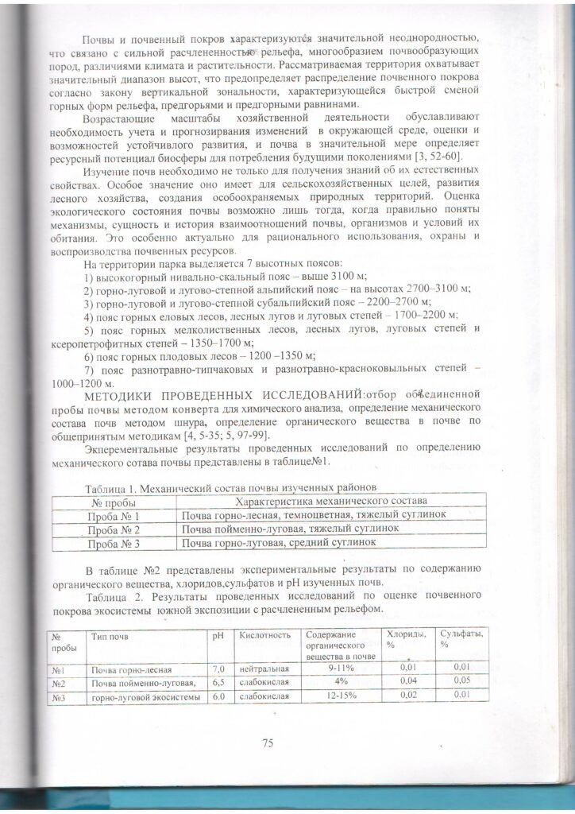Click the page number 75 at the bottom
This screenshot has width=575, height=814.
pyautogui.click(x=267, y=742)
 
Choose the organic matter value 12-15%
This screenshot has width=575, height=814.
pyautogui.click(x=342, y=696)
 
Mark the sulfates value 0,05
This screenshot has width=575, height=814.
pyautogui.click(x=461, y=681)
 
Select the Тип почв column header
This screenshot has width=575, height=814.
pyautogui.click(x=109, y=636)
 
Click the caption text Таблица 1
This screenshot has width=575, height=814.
pyautogui.click(x=109, y=486)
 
